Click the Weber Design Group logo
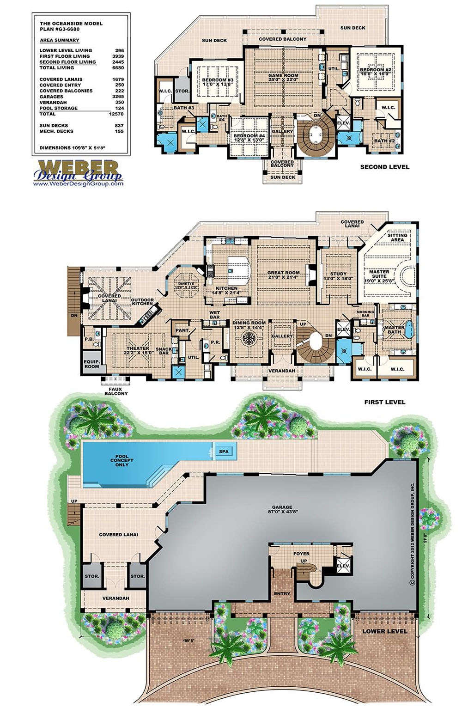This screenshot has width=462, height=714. (78, 170)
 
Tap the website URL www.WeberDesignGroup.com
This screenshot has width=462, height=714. (78, 183)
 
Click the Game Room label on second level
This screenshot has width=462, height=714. (283, 78)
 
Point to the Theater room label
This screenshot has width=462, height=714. (137, 350)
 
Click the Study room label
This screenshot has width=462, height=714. (338, 276)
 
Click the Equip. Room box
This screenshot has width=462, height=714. (91, 364)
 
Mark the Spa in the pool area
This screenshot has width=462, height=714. (224, 452)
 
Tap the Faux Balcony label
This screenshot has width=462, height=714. (115, 391)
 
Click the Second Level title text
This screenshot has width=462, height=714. (384, 167)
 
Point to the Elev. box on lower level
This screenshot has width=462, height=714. (344, 566)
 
